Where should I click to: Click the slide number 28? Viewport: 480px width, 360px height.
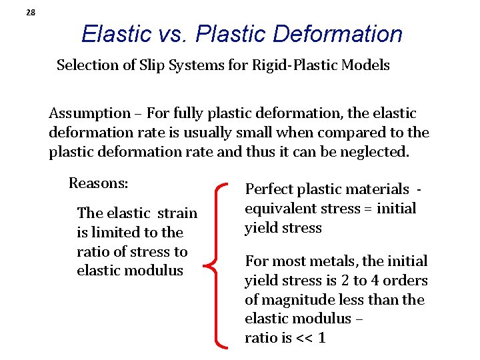31,13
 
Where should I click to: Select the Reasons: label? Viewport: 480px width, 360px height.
99,183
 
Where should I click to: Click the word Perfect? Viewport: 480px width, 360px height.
269,190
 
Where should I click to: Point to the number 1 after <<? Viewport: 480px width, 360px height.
322,338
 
